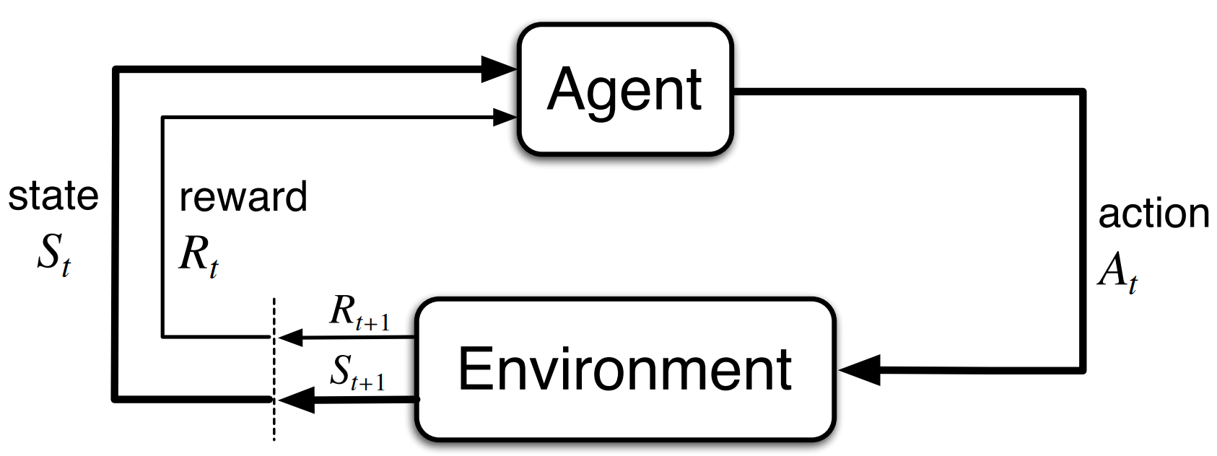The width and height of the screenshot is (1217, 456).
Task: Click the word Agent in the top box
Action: (624, 89)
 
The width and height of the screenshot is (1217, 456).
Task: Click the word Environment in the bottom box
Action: (625, 369)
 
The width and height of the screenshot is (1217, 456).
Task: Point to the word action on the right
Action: (1154, 214)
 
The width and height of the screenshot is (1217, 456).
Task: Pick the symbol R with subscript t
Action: (199, 258)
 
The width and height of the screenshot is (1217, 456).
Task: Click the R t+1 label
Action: (359, 313)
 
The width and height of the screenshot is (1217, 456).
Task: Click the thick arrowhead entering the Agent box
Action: (499, 69)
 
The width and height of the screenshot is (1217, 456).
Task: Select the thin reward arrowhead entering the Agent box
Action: (505, 117)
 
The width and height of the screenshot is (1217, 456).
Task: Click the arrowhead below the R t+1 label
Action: (289, 338)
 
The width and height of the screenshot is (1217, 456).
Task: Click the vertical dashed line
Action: (274, 369)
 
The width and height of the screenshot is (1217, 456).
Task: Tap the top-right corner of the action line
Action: (1083, 92)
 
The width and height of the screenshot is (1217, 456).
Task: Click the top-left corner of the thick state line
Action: (115, 69)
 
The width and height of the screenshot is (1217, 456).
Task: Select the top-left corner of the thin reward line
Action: (162, 117)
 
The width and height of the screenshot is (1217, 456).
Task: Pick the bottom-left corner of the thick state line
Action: (115, 400)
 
